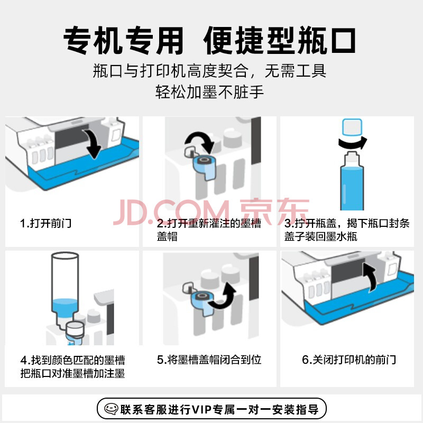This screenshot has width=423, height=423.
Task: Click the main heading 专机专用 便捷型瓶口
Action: click(209, 41)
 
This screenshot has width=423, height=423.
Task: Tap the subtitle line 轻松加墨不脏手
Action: click(209, 91)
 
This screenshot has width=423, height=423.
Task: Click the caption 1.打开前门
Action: click(45, 223)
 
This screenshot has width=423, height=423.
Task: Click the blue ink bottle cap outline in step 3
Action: click(352, 127)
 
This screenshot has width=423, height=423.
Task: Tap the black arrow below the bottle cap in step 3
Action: click(353, 143)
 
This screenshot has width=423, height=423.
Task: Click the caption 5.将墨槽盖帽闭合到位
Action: click(209, 360)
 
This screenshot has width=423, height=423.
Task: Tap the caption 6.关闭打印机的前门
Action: click(349, 360)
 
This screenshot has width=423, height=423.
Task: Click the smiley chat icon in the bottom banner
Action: click(111, 409)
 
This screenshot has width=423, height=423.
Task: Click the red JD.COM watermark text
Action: click(171, 213)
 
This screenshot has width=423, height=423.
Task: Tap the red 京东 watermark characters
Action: click(274, 212)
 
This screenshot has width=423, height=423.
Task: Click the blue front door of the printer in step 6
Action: click(360, 299)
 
